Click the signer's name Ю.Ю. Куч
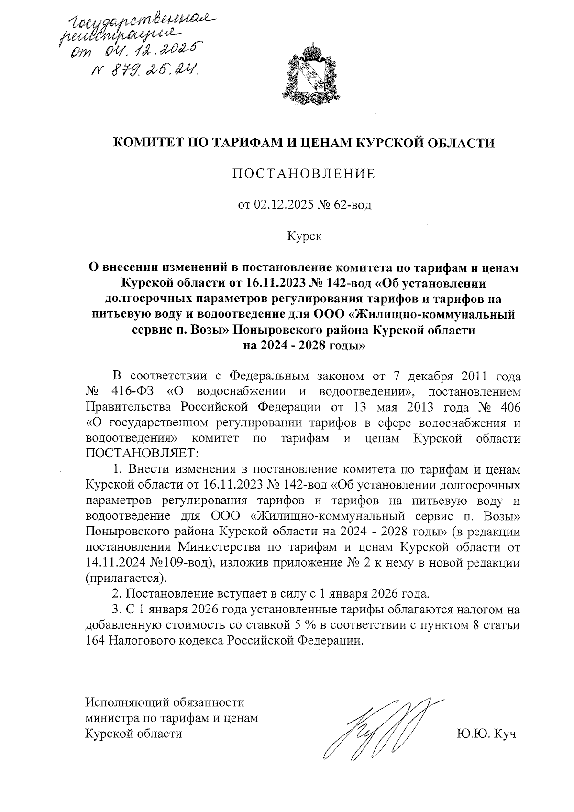point(486,734)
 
